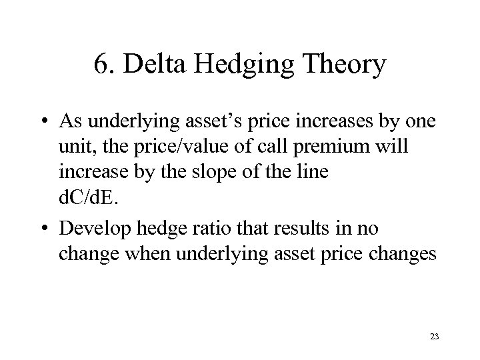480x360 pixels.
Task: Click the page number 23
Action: pyautogui.click(x=434, y=338)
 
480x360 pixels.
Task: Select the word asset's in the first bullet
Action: pyautogui.click(x=208, y=123)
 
